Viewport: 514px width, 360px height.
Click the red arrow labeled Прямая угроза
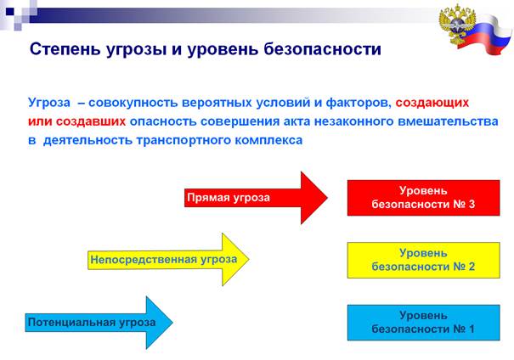tap(256, 198)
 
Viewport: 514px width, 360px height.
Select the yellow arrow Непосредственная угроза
tap(168, 260)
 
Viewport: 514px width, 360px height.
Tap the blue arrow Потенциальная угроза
tap(99, 323)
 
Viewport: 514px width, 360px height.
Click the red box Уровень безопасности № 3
tap(424, 198)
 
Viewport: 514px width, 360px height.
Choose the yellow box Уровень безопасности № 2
tap(424, 260)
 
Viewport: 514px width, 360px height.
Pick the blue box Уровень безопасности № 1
tap(424, 323)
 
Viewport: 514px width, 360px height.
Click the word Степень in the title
tap(65, 49)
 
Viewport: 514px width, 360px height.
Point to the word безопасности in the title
tap(322, 49)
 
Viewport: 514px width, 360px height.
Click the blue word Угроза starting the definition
tap(49, 103)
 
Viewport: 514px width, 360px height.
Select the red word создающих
tap(432, 103)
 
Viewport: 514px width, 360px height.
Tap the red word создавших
tap(91, 121)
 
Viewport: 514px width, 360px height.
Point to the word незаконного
tap(354, 121)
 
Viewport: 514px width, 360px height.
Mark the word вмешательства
tap(448, 121)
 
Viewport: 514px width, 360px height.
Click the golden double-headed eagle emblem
tap(456, 25)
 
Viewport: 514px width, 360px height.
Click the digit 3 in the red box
tap(472, 205)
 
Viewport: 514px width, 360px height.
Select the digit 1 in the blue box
tap(472, 329)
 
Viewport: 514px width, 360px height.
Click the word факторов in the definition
tap(359, 103)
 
